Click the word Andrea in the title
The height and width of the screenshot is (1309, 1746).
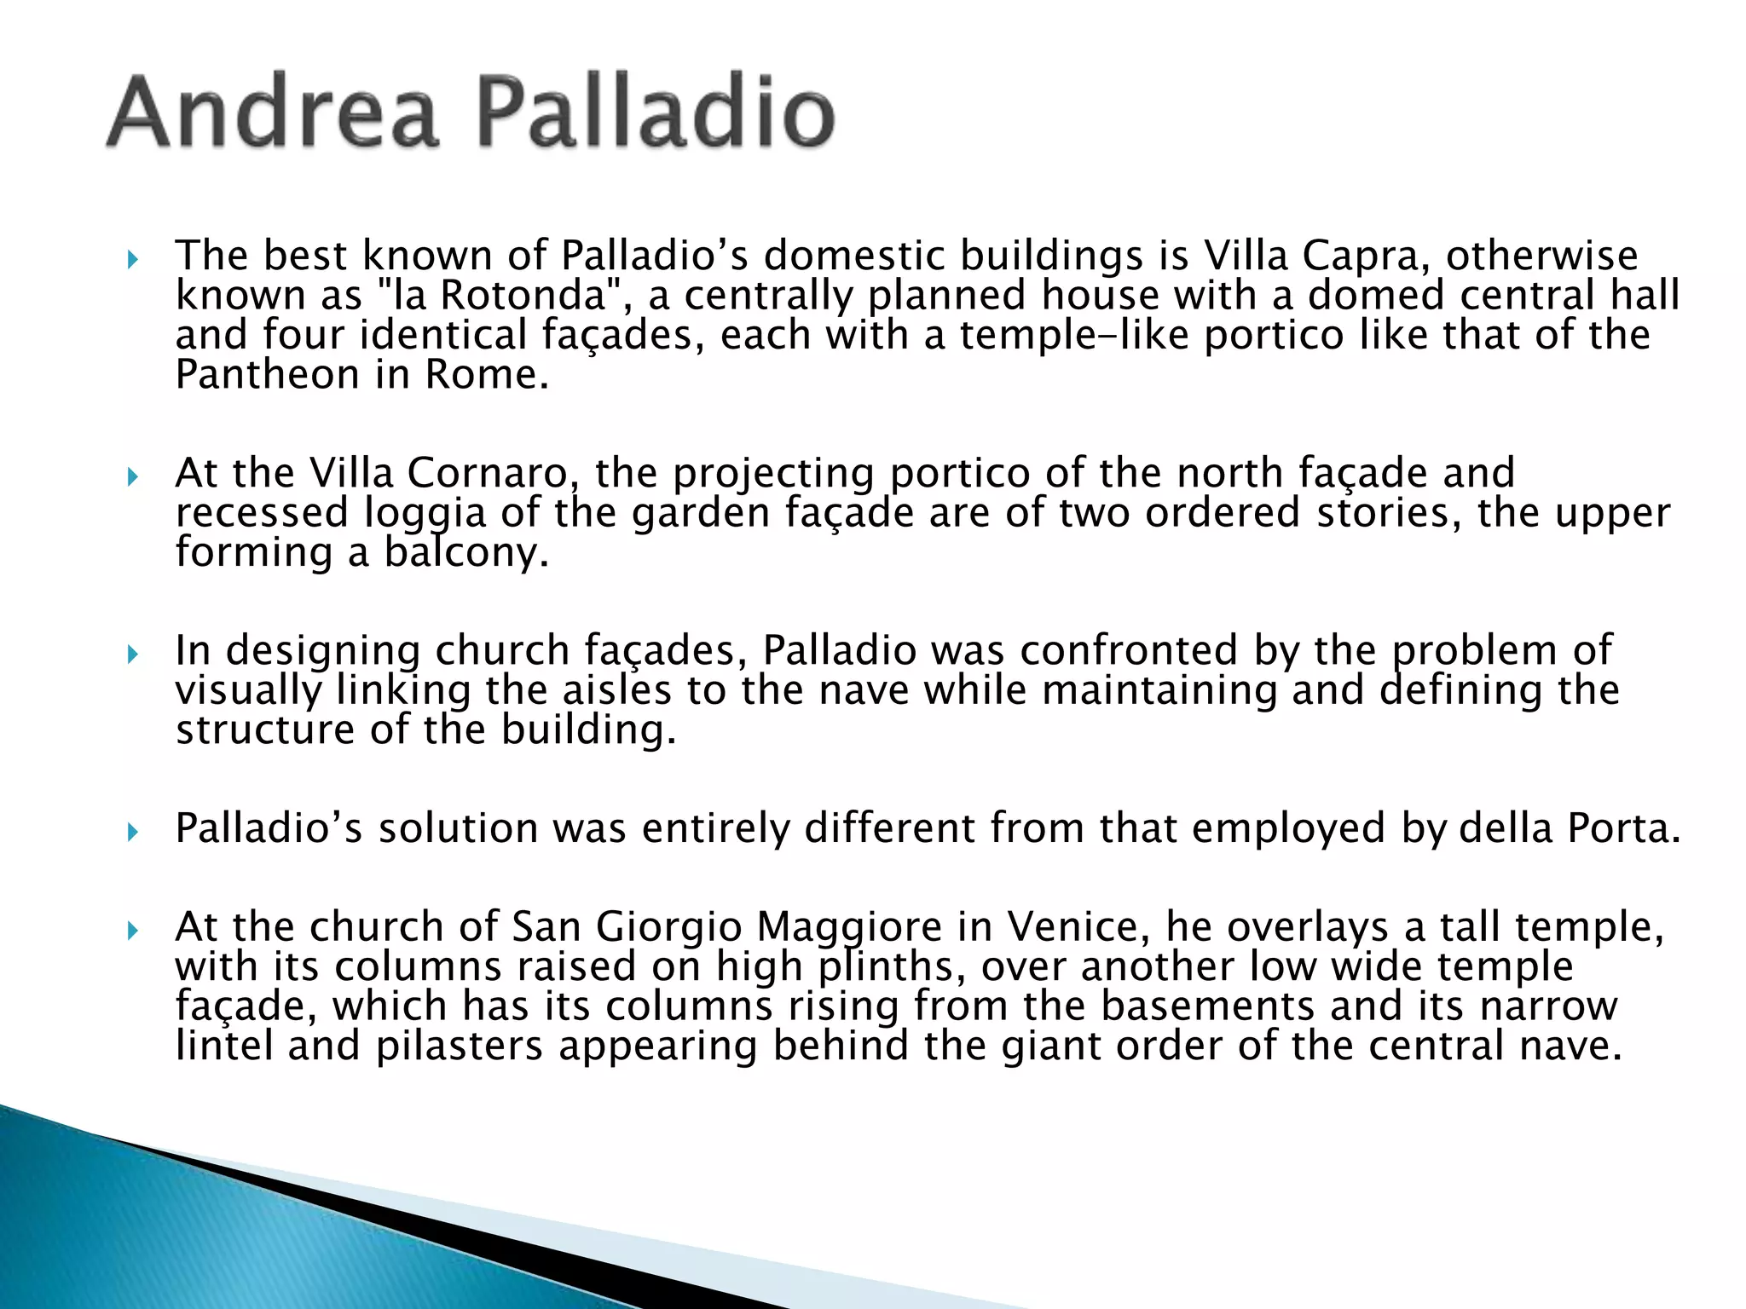pos(271,112)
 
